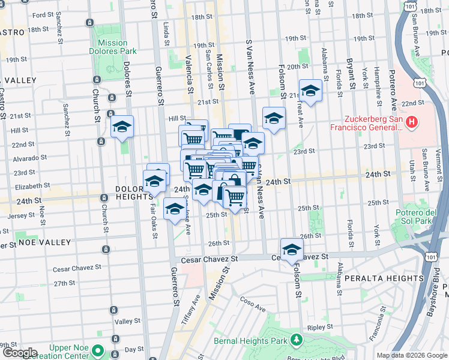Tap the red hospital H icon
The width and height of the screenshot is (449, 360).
tap(411, 123)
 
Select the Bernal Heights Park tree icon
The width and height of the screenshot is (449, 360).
tap(295, 341)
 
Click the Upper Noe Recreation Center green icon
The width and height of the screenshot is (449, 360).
tap(97, 351)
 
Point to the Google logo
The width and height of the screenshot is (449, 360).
tap(19, 353)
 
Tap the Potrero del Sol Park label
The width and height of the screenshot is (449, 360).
tap(414, 217)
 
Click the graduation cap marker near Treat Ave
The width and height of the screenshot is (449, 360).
tap(310, 91)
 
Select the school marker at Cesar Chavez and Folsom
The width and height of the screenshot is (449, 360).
tap(292, 249)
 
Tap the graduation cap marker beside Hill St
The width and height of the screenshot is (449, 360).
tap(122, 127)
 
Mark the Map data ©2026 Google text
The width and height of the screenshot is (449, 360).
tap(411, 355)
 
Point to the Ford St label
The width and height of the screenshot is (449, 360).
tap(43, 15)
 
